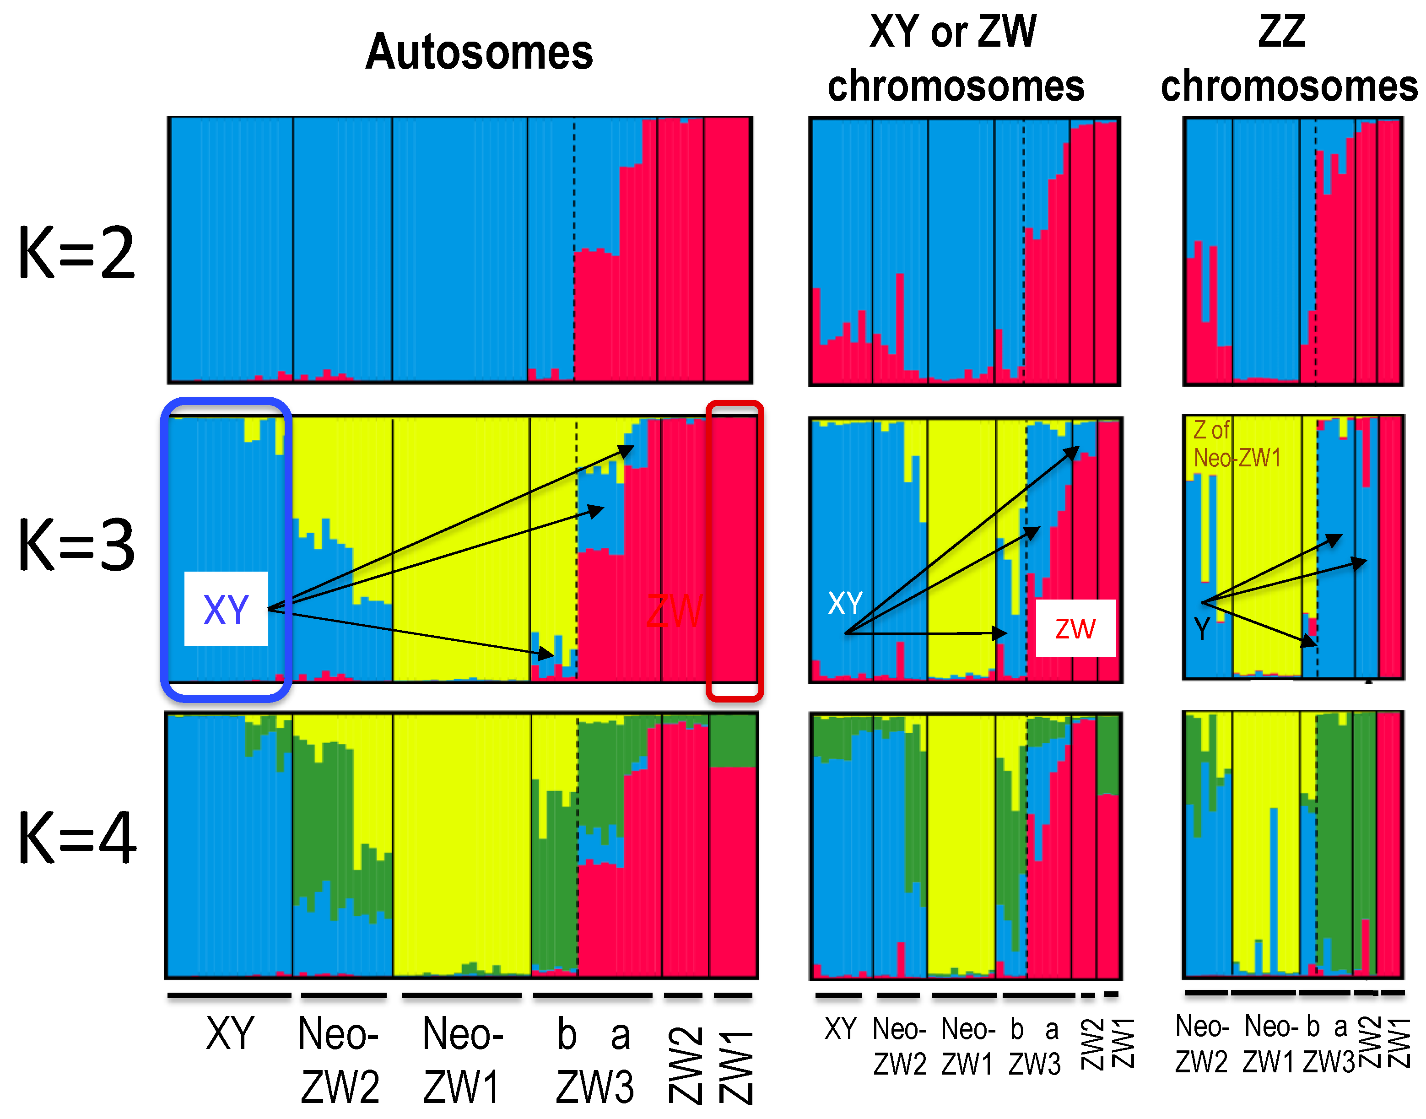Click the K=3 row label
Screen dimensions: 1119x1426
[x=76, y=545]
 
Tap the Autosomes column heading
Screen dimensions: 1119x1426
[x=479, y=53]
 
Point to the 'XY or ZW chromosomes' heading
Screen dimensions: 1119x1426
[x=955, y=59]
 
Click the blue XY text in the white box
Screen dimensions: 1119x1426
[x=226, y=609]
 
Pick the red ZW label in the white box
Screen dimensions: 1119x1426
[x=1075, y=629]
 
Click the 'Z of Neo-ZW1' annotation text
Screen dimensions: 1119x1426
[x=1235, y=444]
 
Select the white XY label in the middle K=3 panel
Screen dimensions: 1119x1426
[x=845, y=603]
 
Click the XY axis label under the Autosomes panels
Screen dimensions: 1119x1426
[x=229, y=1034]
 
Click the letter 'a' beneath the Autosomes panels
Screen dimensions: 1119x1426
[x=620, y=1036]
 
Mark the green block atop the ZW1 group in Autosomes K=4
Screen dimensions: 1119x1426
[x=733, y=741]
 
